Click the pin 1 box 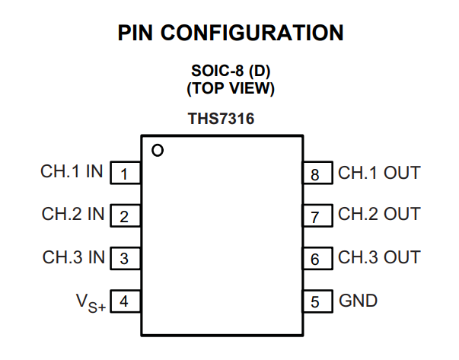coord(126,173)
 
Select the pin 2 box coord(126,215)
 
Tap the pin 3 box coord(126,259)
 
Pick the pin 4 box coord(126,301)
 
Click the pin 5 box coord(318,301)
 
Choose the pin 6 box coord(318,259)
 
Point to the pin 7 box coord(318,215)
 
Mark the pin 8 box coord(318,173)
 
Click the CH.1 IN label coord(72,171)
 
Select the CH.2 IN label coord(73,214)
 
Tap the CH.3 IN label coord(74,257)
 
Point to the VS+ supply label coord(91,303)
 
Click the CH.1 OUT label coord(379,173)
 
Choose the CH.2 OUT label coord(379,214)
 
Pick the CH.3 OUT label coord(379,257)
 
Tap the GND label coord(358,301)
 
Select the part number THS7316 coord(221,119)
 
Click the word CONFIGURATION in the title coord(252,33)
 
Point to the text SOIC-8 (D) coord(231,71)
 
